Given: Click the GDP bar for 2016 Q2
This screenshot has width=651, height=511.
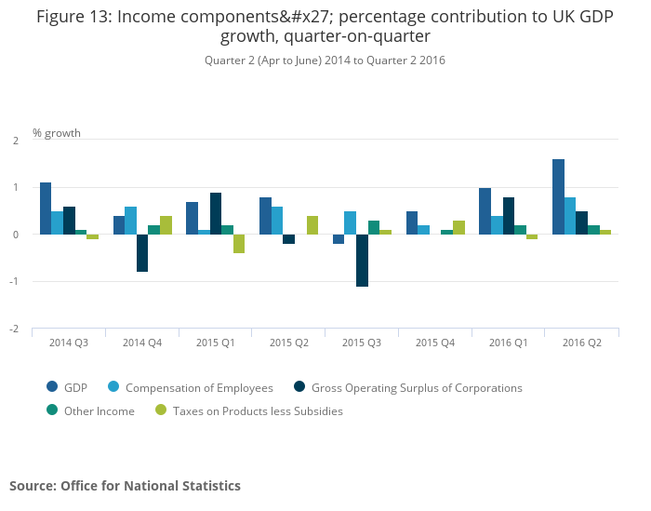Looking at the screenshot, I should [x=558, y=197].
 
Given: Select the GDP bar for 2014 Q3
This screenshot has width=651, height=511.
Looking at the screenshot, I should [x=46, y=208].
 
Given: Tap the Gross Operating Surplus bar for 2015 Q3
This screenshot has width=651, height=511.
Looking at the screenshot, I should [x=362, y=260].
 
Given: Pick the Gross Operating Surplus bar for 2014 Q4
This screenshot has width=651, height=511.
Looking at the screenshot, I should [x=142, y=252].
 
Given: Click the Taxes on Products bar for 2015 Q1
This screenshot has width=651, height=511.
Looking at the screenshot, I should [x=239, y=244].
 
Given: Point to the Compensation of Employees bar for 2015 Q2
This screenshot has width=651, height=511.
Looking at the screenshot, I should [x=277, y=221].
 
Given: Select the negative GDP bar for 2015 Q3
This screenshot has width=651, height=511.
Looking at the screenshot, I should [x=339, y=239].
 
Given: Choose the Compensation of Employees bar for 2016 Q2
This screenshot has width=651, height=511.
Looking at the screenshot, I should [x=570, y=216].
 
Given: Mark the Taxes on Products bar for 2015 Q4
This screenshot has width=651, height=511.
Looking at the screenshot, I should [x=458, y=227].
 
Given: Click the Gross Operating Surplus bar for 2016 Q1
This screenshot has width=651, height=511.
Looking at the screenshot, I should [x=509, y=216].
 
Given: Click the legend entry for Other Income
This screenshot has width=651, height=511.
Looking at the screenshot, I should [x=100, y=411].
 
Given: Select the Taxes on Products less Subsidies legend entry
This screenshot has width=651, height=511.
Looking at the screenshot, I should [x=249, y=411].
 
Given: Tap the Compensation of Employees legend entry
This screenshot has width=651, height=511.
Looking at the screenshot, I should [x=199, y=388].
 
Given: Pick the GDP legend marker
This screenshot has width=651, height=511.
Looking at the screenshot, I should [x=53, y=388].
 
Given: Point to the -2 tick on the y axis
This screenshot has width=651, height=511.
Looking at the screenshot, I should [x=15, y=329].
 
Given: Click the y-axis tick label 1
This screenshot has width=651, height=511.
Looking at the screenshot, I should [x=16, y=187].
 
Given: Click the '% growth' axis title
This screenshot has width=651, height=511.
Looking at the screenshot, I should [x=57, y=133].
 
